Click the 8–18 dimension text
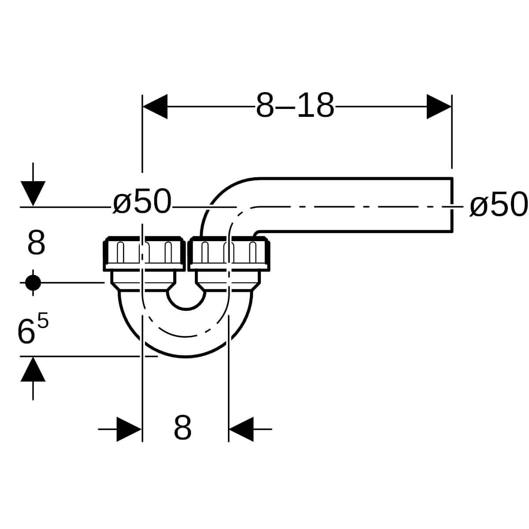tap(295, 105)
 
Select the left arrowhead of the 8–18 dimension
tap(155, 107)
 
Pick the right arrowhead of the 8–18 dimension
tap(439, 107)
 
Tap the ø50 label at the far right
tap(498, 205)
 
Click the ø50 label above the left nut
tap(142, 201)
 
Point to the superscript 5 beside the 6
tap(43, 320)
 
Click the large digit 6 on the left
tap(26, 332)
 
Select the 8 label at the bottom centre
tap(183, 428)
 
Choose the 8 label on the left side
tap(36, 242)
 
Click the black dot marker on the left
tap(33, 283)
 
